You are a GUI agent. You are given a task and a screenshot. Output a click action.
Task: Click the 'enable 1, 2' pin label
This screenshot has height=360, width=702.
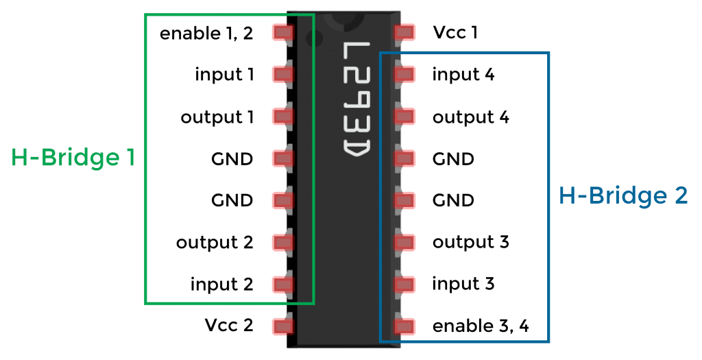coord(206,33)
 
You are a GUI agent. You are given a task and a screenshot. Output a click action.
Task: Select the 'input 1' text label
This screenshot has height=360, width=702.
coord(224,74)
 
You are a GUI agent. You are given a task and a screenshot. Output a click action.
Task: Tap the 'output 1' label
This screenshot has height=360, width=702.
coord(217,117)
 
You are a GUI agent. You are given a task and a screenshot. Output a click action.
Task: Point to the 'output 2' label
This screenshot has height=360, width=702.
coord(215,242)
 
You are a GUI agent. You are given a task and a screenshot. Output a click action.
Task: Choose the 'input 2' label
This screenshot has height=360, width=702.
coord(221,284)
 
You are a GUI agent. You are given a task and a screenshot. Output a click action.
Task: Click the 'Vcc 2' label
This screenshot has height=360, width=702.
coord(229,325)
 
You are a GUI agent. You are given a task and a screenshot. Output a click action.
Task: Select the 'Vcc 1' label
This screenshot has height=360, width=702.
coord(455,32)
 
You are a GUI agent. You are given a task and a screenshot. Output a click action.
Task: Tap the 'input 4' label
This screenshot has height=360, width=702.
coord(463,74)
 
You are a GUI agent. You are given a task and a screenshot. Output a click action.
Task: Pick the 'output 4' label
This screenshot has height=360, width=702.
coord(471,117)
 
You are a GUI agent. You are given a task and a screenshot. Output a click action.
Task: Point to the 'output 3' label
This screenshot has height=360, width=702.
coord(471,242)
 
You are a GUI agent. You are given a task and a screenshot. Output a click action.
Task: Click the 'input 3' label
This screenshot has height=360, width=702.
coord(463,284)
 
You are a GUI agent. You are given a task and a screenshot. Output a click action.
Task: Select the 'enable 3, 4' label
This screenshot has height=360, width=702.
coord(481,325)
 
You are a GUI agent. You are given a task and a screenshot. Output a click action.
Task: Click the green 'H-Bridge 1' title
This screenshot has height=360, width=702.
coord(73,158)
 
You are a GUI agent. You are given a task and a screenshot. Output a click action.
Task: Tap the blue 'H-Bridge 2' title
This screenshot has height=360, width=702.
coord(623,196)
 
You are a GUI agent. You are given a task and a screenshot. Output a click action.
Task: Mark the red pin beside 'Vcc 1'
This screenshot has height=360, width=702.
coord(404,32)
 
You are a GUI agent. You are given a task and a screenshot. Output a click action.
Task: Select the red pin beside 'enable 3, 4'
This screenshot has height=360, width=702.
coord(404,326)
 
